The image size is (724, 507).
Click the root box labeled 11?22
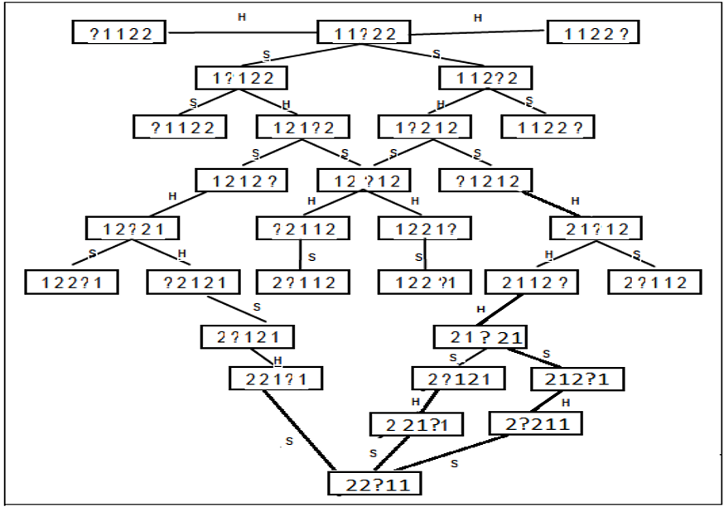(364, 33)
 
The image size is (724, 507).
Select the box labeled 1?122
(241, 78)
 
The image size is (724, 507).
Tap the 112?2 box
(485, 78)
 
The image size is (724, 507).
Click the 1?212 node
(424, 127)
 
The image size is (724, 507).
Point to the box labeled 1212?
(241, 180)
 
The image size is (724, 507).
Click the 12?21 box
(132, 229)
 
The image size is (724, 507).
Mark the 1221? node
(424, 229)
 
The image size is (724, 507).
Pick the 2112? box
(533, 282)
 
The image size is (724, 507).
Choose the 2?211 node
(535, 424)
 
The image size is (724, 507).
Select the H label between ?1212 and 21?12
(576, 201)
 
